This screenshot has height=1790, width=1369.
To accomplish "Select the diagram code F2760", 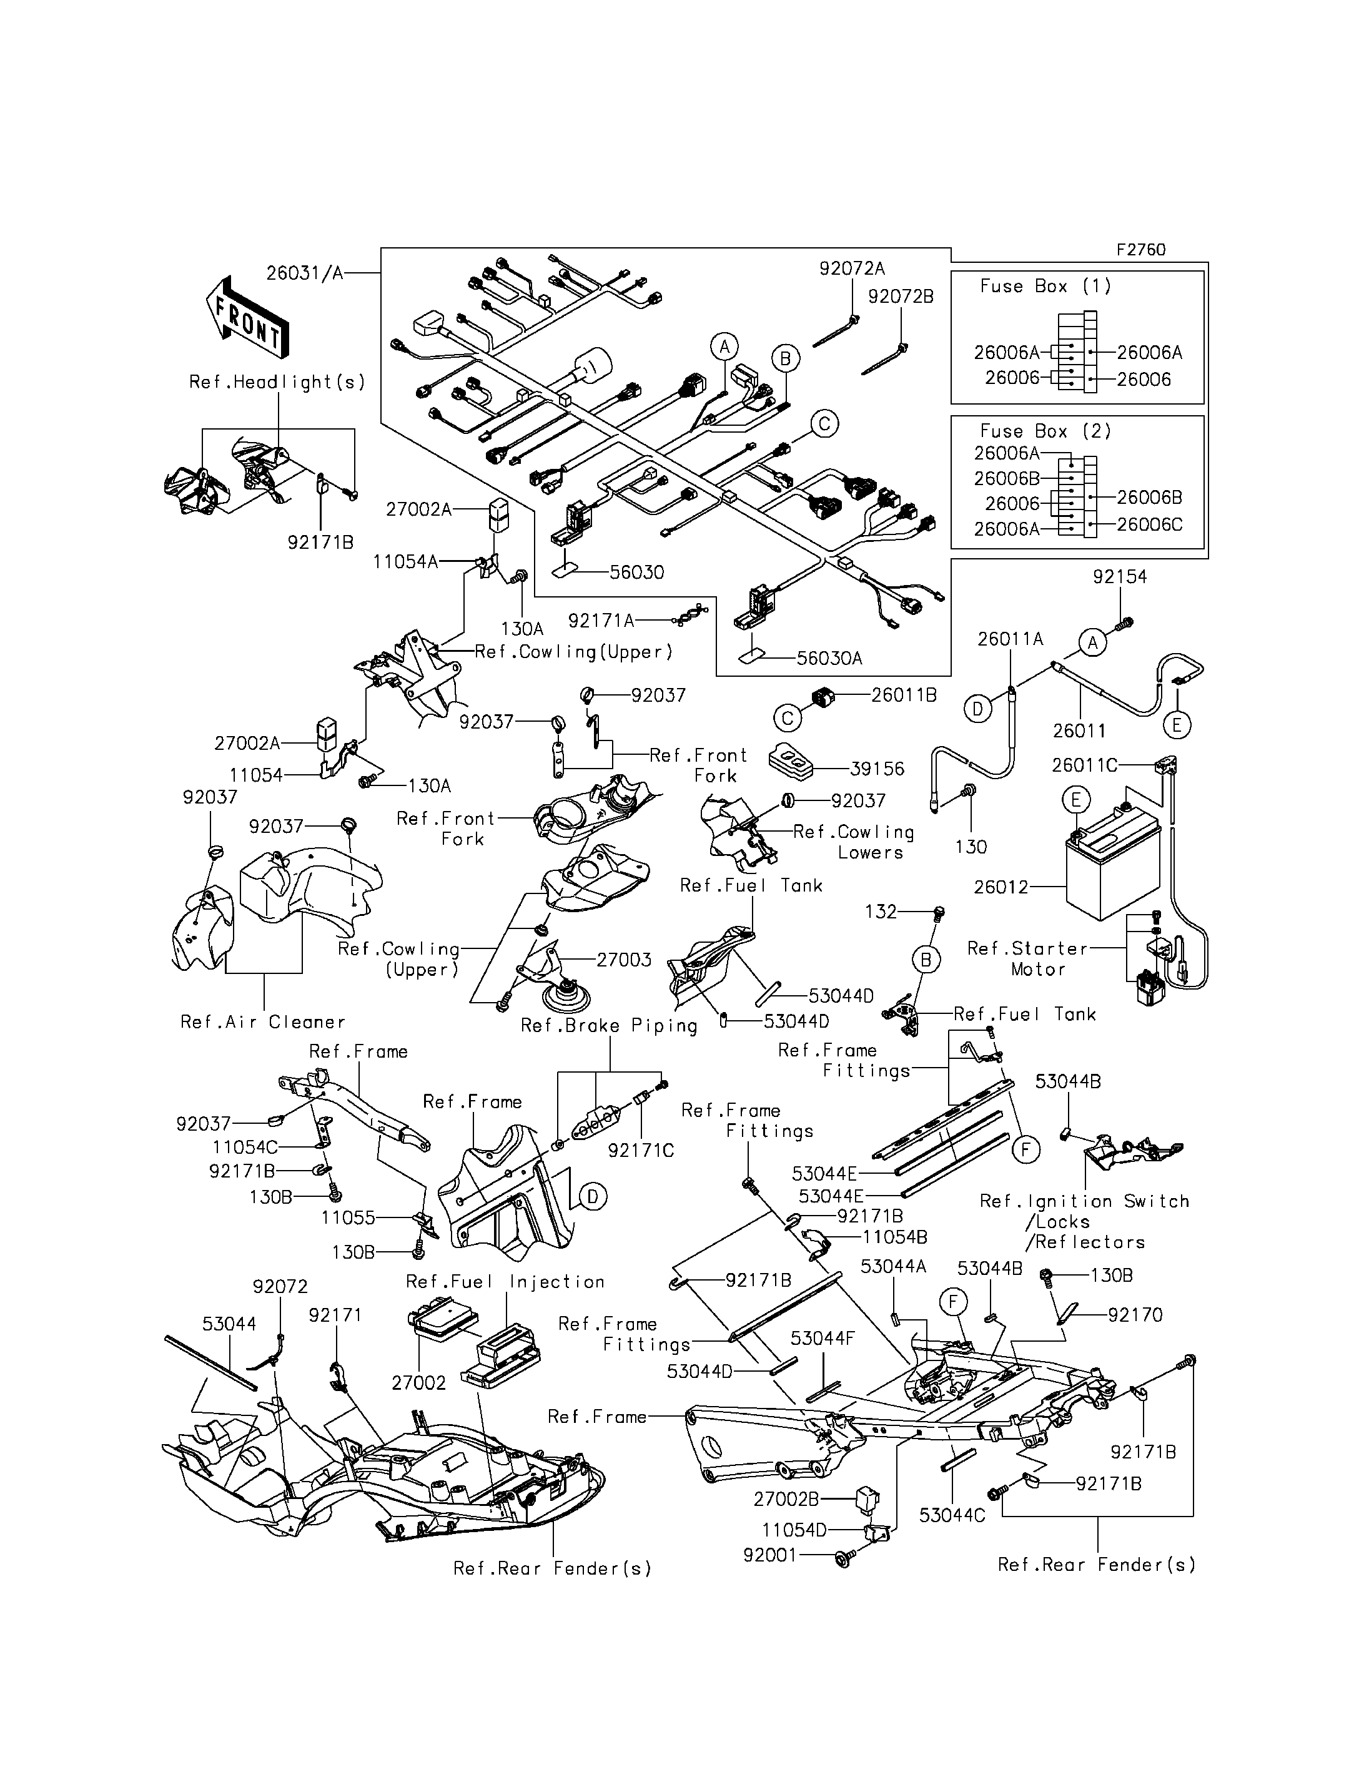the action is (1141, 250).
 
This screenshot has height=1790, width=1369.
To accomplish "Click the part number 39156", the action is (877, 769).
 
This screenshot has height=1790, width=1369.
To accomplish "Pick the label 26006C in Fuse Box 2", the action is (1149, 524).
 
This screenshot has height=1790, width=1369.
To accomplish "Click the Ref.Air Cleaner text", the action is (262, 1021).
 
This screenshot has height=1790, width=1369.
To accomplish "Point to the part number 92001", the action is (770, 1555).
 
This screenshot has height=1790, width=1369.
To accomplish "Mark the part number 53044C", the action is (952, 1515).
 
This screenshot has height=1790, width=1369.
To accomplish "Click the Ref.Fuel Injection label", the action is (505, 1282).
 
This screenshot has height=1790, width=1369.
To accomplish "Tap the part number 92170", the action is (1135, 1315).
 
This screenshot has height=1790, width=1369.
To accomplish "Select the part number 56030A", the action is (829, 658).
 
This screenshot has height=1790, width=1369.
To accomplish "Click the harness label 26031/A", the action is (304, 273).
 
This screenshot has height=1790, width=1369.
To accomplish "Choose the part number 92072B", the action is (901, 297).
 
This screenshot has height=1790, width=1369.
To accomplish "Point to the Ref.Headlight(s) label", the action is (277, 382).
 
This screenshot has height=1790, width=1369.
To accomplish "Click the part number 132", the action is (880, 912).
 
